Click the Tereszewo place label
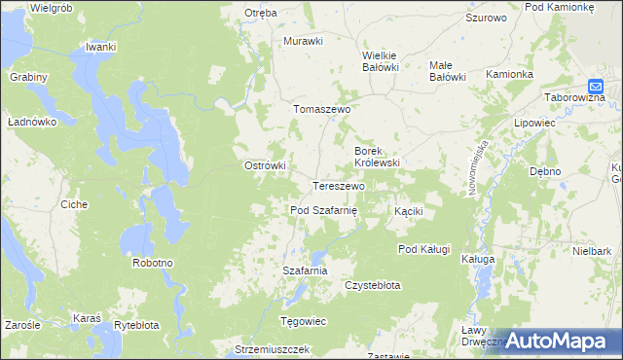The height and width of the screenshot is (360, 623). [x=338, y=186]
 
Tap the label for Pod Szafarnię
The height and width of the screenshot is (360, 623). [x=324, y=210]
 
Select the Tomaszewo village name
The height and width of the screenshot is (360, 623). [x=321, y=110]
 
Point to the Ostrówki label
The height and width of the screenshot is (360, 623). [x=264, y=165]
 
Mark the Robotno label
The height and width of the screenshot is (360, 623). [x=153, y=263]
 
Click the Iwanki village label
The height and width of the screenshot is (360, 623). [x=101, y=47]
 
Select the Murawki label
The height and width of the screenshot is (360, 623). [x=303, y=41]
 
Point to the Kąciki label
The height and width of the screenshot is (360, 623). [x=408, y=211]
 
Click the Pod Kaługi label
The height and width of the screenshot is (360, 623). [x=423, y=249]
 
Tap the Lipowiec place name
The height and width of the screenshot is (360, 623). [x=533, y=125]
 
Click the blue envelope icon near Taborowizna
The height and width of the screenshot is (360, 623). [x=598, y=86]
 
